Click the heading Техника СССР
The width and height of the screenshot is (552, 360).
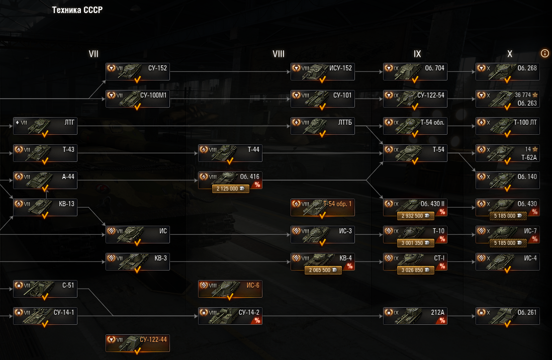77,11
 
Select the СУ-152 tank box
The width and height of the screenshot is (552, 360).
137,72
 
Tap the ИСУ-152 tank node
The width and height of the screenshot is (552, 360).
322,72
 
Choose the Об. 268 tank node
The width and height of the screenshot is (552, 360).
507,72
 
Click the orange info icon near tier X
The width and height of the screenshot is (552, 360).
545,53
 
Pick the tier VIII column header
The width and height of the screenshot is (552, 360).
278,54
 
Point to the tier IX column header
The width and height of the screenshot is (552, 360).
417,54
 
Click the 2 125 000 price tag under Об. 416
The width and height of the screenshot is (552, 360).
230,189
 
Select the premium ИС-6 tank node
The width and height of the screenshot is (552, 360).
230,289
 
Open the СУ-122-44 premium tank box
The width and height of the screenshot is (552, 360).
137,343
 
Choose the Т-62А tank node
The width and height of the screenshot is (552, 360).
507,153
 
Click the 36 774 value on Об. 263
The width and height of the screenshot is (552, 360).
523,95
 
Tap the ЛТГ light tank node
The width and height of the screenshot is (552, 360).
45,126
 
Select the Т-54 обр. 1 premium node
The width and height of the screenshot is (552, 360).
322,208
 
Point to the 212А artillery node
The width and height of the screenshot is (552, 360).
415,316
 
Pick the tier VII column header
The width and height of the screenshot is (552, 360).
94,54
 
